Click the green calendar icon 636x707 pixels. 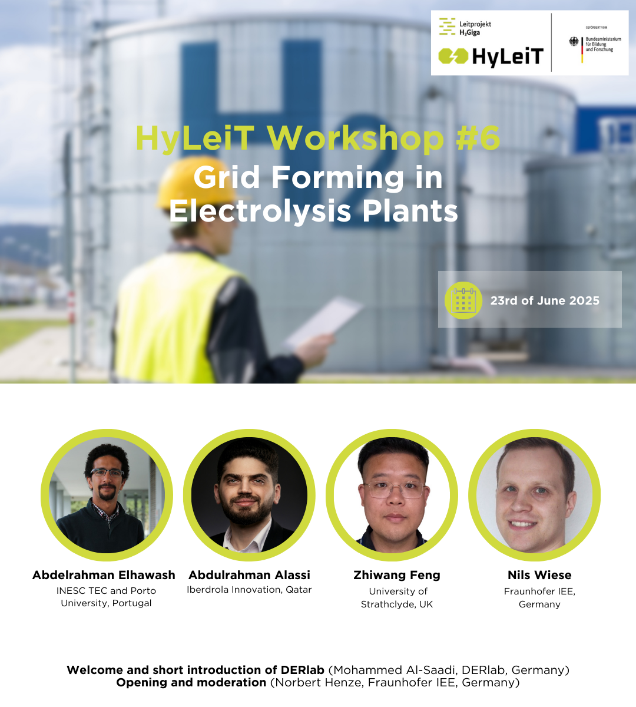[x=463, y=300]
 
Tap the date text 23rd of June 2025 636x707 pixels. [x=545, y=300]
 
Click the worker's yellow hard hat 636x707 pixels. [x=197, y=184]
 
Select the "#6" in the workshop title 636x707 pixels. [x=478, y=138]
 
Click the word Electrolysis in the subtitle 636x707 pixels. [x=260, y=212]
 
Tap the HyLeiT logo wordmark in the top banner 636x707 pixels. [x=508, y=57]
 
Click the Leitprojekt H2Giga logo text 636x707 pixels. [x=475, y=28]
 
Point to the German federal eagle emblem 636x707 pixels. [x=574, y=42]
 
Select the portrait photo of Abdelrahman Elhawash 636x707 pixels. [x=107, y=495]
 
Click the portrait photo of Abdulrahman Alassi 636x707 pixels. [x=249, y=495]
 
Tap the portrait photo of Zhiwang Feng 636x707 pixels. [x=392, y=495]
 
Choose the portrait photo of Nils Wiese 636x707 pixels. [x=535, y=495]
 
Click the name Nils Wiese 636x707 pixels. [x=539, y=575]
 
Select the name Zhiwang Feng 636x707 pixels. [x=397, y=576]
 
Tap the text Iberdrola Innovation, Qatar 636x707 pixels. [x=249, y=590]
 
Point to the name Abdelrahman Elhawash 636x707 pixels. [x=104, y=575]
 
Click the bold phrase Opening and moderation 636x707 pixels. [x=191, y=683]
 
